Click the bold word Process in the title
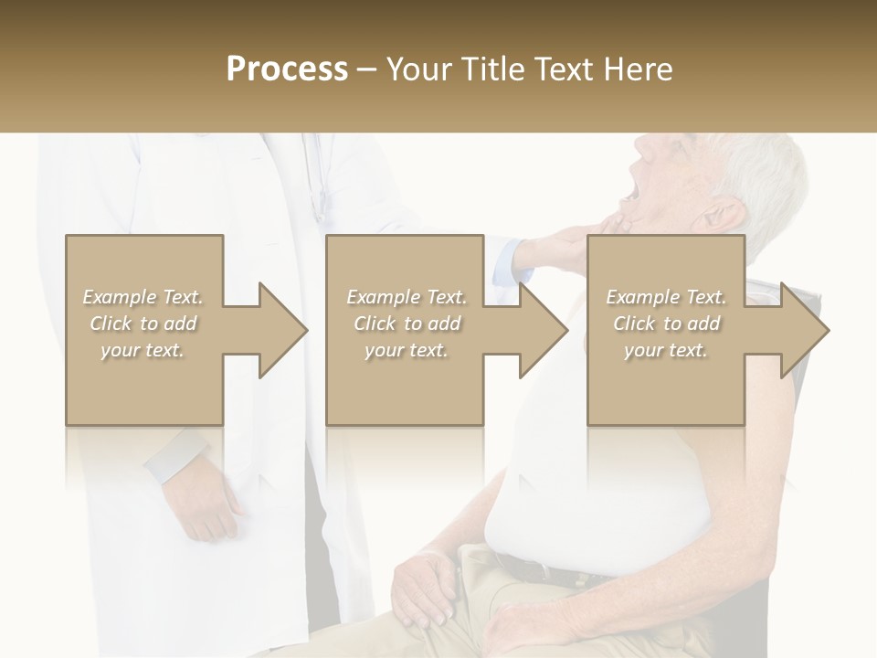coord(287,69)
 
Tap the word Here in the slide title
coord(638,69)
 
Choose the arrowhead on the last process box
coord(803,330)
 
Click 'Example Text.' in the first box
coord(143,297)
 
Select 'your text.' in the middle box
coord(407,350)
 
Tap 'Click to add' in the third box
coord(666,324)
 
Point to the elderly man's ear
coord(722,217)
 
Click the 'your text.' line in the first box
coord(143,350)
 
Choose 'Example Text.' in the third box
coord(666,297)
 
